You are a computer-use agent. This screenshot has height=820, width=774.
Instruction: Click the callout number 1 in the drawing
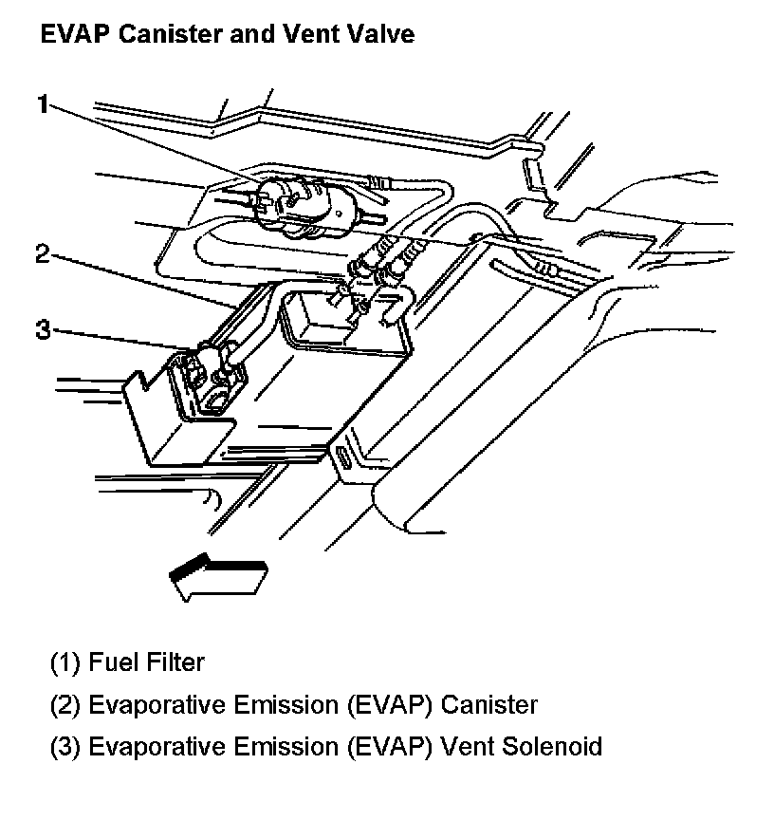(x=41, y=103)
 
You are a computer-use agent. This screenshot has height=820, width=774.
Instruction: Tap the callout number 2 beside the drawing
(x=41, y=254)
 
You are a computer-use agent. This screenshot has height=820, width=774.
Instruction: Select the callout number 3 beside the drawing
(x=42, y=330)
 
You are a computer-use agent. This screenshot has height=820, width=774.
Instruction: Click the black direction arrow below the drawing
(x=216, y=573)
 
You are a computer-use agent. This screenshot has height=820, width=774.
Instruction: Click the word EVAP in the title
(x=68, y=36)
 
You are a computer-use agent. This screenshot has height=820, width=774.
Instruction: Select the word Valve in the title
(x=383, y=36)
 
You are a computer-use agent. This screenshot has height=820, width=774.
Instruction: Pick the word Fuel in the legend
(x=111, y=662)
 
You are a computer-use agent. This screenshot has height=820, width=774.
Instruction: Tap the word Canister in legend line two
(x=489, y=705)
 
